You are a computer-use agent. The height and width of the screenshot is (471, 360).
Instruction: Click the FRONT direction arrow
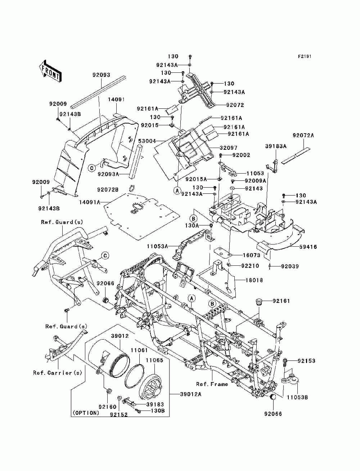click(x=50, y=71)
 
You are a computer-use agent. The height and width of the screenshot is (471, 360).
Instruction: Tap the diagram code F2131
click(x=305, y=57)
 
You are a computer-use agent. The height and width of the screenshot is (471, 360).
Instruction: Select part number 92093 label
click(x=101, y=75)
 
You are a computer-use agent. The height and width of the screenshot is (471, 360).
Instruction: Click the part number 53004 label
click(x=147, y=141)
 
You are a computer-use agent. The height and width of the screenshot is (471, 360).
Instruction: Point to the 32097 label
click(x=229, y=148)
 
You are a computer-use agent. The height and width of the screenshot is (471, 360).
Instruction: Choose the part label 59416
click(x=308, y=247)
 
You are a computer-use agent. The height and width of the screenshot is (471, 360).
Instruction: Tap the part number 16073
click(x=251, y=255)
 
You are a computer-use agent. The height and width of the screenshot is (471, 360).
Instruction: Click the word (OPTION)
click(x=86, y=413)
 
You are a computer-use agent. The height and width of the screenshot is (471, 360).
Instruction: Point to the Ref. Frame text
click(x=212, y=384)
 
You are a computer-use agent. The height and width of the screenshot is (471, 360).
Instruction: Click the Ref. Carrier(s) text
click(x=58, y=373)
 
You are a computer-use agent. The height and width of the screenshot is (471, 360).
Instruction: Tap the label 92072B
click(x=108, y=190)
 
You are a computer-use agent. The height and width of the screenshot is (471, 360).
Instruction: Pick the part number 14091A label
click(x=90, y=202)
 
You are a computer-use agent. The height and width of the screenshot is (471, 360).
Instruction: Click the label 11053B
click(x=297, y=398)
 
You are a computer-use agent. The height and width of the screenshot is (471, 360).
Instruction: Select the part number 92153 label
click(x=306, y=361)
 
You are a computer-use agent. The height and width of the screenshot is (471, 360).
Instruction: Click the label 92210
click(x=250, y=266)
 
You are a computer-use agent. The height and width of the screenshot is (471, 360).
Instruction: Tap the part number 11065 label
click(x=154, y=360)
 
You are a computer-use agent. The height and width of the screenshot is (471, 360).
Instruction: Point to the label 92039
click(x=290, y=266)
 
